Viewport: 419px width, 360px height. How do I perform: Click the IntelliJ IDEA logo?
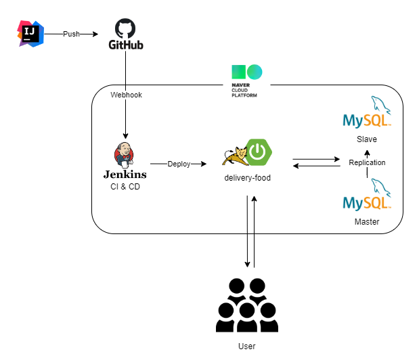point(30,34)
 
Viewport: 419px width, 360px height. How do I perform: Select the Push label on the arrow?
point(72,34)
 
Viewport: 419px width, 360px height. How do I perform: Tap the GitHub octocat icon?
point(125,28)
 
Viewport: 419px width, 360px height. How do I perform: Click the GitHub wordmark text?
point(126,45)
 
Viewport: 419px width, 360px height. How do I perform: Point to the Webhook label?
point(126,95)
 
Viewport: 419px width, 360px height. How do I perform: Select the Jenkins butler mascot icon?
point(124,154)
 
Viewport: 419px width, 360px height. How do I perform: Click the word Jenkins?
point(125,174)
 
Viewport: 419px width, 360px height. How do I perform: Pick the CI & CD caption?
point(125,186)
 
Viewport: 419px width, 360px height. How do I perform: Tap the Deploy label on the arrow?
point(179,164)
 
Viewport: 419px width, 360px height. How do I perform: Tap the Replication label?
point(367,162)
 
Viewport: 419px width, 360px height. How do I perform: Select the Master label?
point(367,221)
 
